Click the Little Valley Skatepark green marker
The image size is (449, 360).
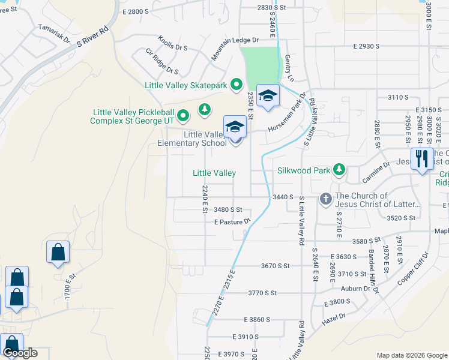tap(236, 85)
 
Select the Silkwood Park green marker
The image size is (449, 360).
tap(339, 170)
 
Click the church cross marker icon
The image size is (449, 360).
tap(325, 199)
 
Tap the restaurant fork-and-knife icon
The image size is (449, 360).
tap(422, 159)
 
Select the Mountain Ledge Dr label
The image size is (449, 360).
tap(234, 49)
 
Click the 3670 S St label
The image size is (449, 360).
tap(276, 265)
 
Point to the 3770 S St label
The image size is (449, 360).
tap(262, 293)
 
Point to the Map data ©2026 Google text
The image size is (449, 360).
tap(411, 355)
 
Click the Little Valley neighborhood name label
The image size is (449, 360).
tap(214, 173)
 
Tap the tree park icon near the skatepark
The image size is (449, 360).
tap(205, 109)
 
